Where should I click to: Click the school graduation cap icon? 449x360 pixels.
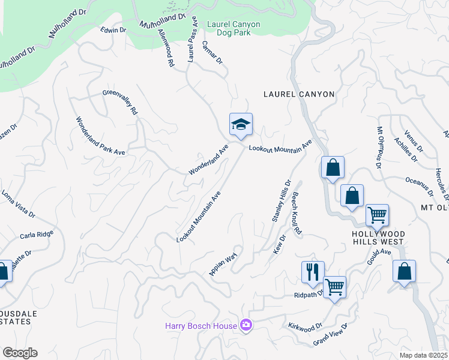click(241, 124)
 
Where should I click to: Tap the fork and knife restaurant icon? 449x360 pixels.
click(313, 272)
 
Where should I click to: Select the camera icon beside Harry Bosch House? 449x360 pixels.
click(246, 325)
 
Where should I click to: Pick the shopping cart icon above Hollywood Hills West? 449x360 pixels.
click(377, 215)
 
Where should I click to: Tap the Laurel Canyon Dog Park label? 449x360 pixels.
click(234, 28)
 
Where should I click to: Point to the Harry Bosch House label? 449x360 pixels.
click(201, 326)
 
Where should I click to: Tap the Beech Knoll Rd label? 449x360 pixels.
click(297, 213)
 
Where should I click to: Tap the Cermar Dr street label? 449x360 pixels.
click(212, 53)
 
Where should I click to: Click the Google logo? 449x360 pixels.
click(20, 353)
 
